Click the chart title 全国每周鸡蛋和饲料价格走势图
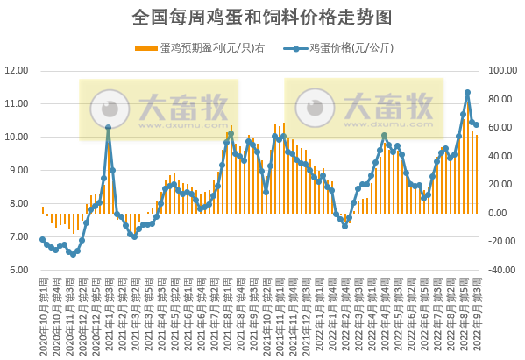pos(261,17)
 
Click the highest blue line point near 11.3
pos(468,93)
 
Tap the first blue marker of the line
pos(42,239)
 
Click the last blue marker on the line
pos(476,124)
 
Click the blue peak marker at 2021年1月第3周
pos(108,128)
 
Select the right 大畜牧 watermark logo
pos(360,108)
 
